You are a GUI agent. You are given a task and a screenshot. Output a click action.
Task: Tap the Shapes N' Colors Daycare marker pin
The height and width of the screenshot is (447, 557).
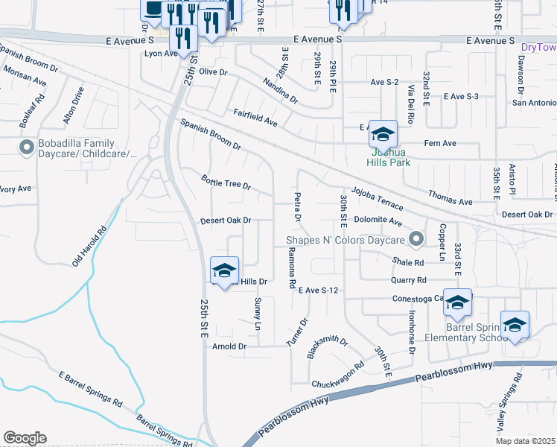pyautogui.click(x=416, y=240)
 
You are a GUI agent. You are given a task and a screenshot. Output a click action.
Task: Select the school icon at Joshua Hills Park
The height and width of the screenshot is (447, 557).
pyautogui.click(x=383, y=135)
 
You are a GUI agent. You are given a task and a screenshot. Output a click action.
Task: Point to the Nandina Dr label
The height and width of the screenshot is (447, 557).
pyautogui.click(x=278, y=91)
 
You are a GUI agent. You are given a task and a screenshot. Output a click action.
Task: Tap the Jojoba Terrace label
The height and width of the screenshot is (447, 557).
pyautogui.click(x=378, y=198)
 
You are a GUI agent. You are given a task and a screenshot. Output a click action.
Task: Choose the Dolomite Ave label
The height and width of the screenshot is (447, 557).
pyautogui.click(x=378, y=222)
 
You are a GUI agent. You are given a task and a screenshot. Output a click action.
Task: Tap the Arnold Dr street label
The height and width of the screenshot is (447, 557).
pyautogui.click(x=229, y=346)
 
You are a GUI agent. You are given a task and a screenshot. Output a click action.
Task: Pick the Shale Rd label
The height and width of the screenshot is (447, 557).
pyautogui.click(x=409, y=262)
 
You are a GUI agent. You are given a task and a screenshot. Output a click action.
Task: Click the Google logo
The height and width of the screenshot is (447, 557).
pyautogui.click(x=25, y=438)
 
